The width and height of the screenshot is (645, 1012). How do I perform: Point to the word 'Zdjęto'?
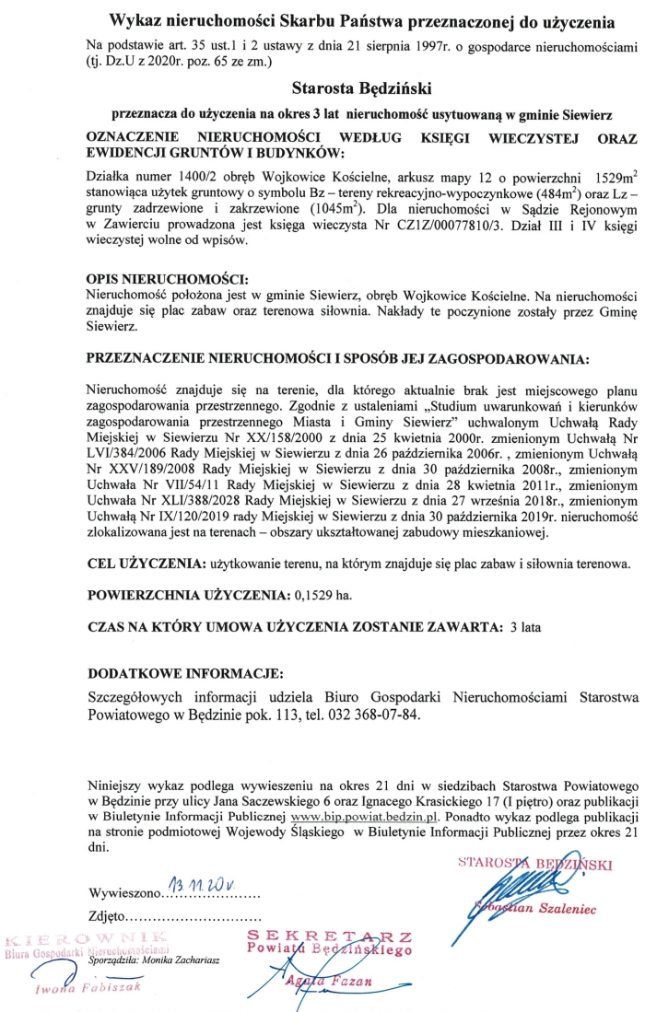pyautogui.click(x=108, y=917)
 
